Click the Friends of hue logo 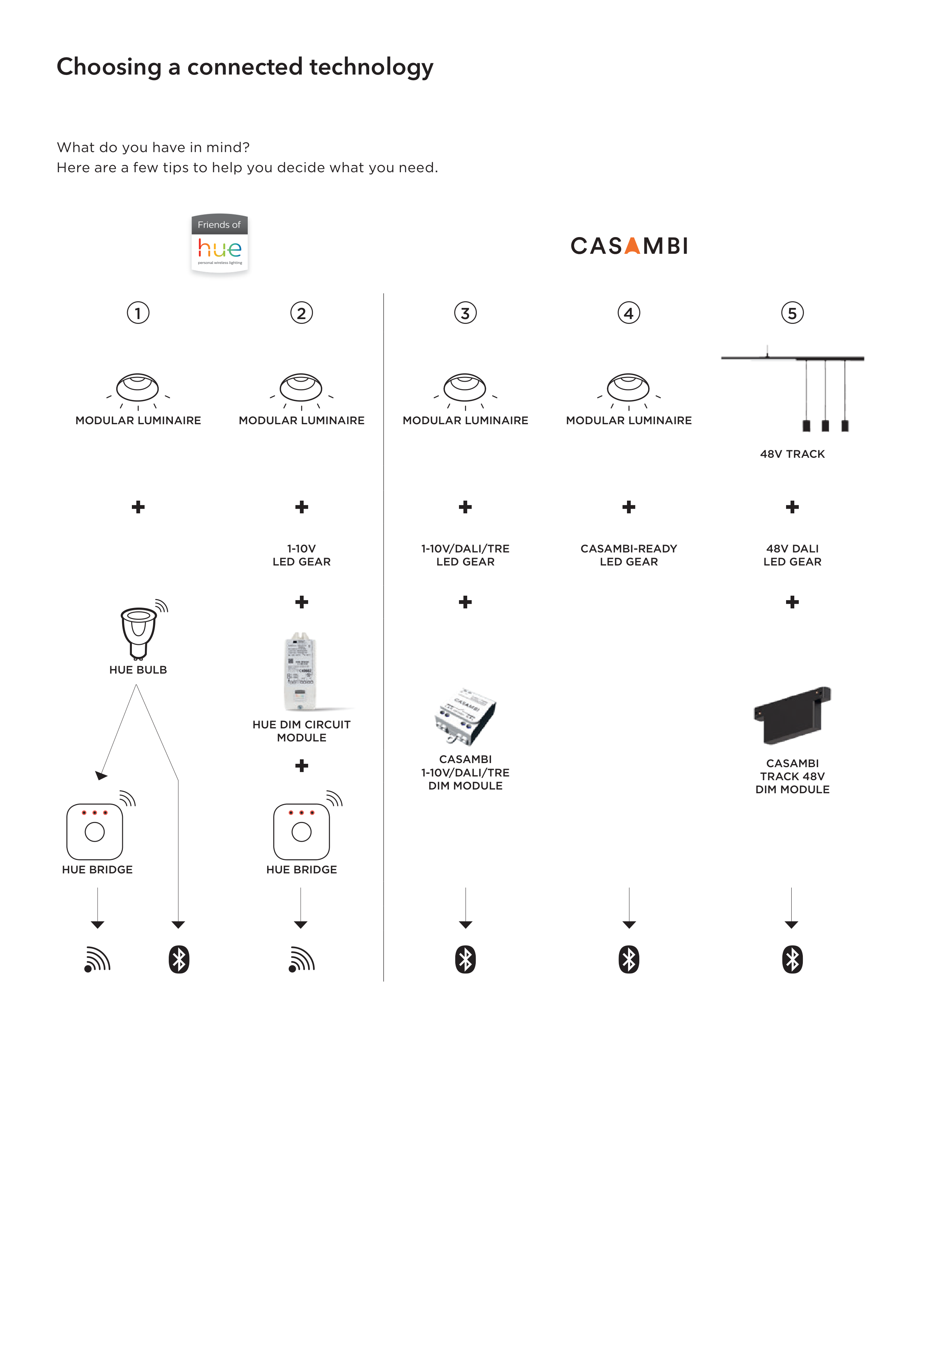(219, 243)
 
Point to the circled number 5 (792, 313)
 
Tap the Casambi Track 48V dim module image (792, 715)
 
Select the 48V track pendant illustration (792, 388)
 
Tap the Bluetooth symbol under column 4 (629, 959)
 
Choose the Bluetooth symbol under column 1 (178, 959)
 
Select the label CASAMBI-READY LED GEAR (629, 555)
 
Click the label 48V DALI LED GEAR (792, 555)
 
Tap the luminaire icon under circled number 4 (628, 388)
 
